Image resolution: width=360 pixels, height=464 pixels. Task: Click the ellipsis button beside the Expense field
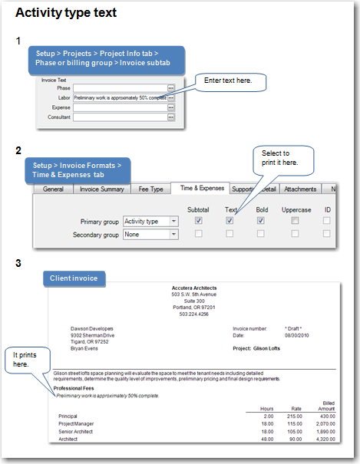point(171,108)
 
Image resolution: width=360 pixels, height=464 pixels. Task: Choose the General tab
point(53,189)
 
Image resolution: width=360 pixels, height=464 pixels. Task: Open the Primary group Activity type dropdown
point(150,221)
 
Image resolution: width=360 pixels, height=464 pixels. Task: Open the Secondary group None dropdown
point(150,235)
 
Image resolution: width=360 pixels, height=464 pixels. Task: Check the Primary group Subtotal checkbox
point(198,221)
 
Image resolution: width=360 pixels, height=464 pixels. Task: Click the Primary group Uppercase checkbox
point(296,221)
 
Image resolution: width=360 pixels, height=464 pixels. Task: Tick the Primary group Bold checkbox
point(261,221)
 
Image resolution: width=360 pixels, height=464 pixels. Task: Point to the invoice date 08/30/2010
point(299,335)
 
